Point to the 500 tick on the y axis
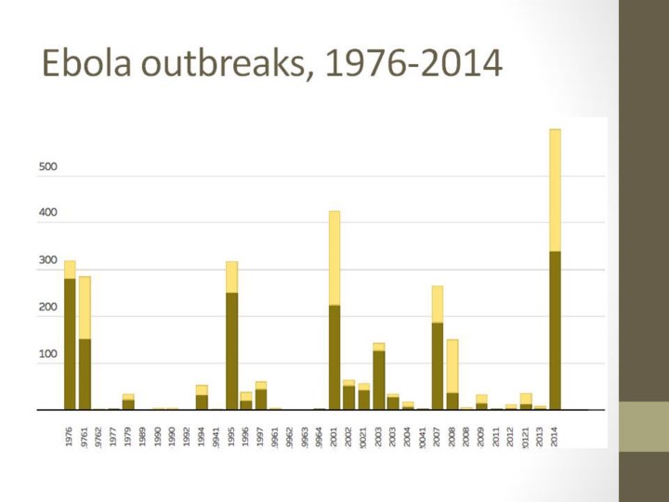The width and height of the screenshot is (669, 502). pos(47,167)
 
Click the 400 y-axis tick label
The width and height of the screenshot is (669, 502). pos(47,213)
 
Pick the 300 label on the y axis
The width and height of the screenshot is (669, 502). pos(47,261)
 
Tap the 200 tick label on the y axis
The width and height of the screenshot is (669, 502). pos(47,308)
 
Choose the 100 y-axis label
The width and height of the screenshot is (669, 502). pos(47,354)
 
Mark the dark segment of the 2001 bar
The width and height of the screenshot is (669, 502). pos(334,357)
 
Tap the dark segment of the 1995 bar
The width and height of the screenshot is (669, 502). pos(231,350)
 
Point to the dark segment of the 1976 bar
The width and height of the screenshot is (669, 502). pos(70,344)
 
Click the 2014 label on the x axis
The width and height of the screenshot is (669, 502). pos(555,435)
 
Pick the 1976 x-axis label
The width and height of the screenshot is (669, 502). pos(70,435)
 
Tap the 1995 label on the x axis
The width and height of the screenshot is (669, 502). pos(231,435)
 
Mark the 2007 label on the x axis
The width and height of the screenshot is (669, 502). pos(437,435)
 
